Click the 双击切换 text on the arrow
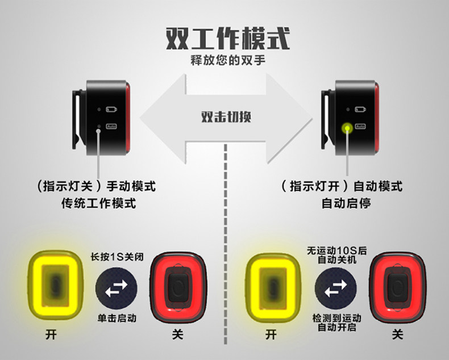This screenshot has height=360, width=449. coord(226,117)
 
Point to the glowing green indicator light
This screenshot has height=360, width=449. coord(345,129)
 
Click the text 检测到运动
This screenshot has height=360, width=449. coord(336,317)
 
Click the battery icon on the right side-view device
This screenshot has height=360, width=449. coord(359,108)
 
